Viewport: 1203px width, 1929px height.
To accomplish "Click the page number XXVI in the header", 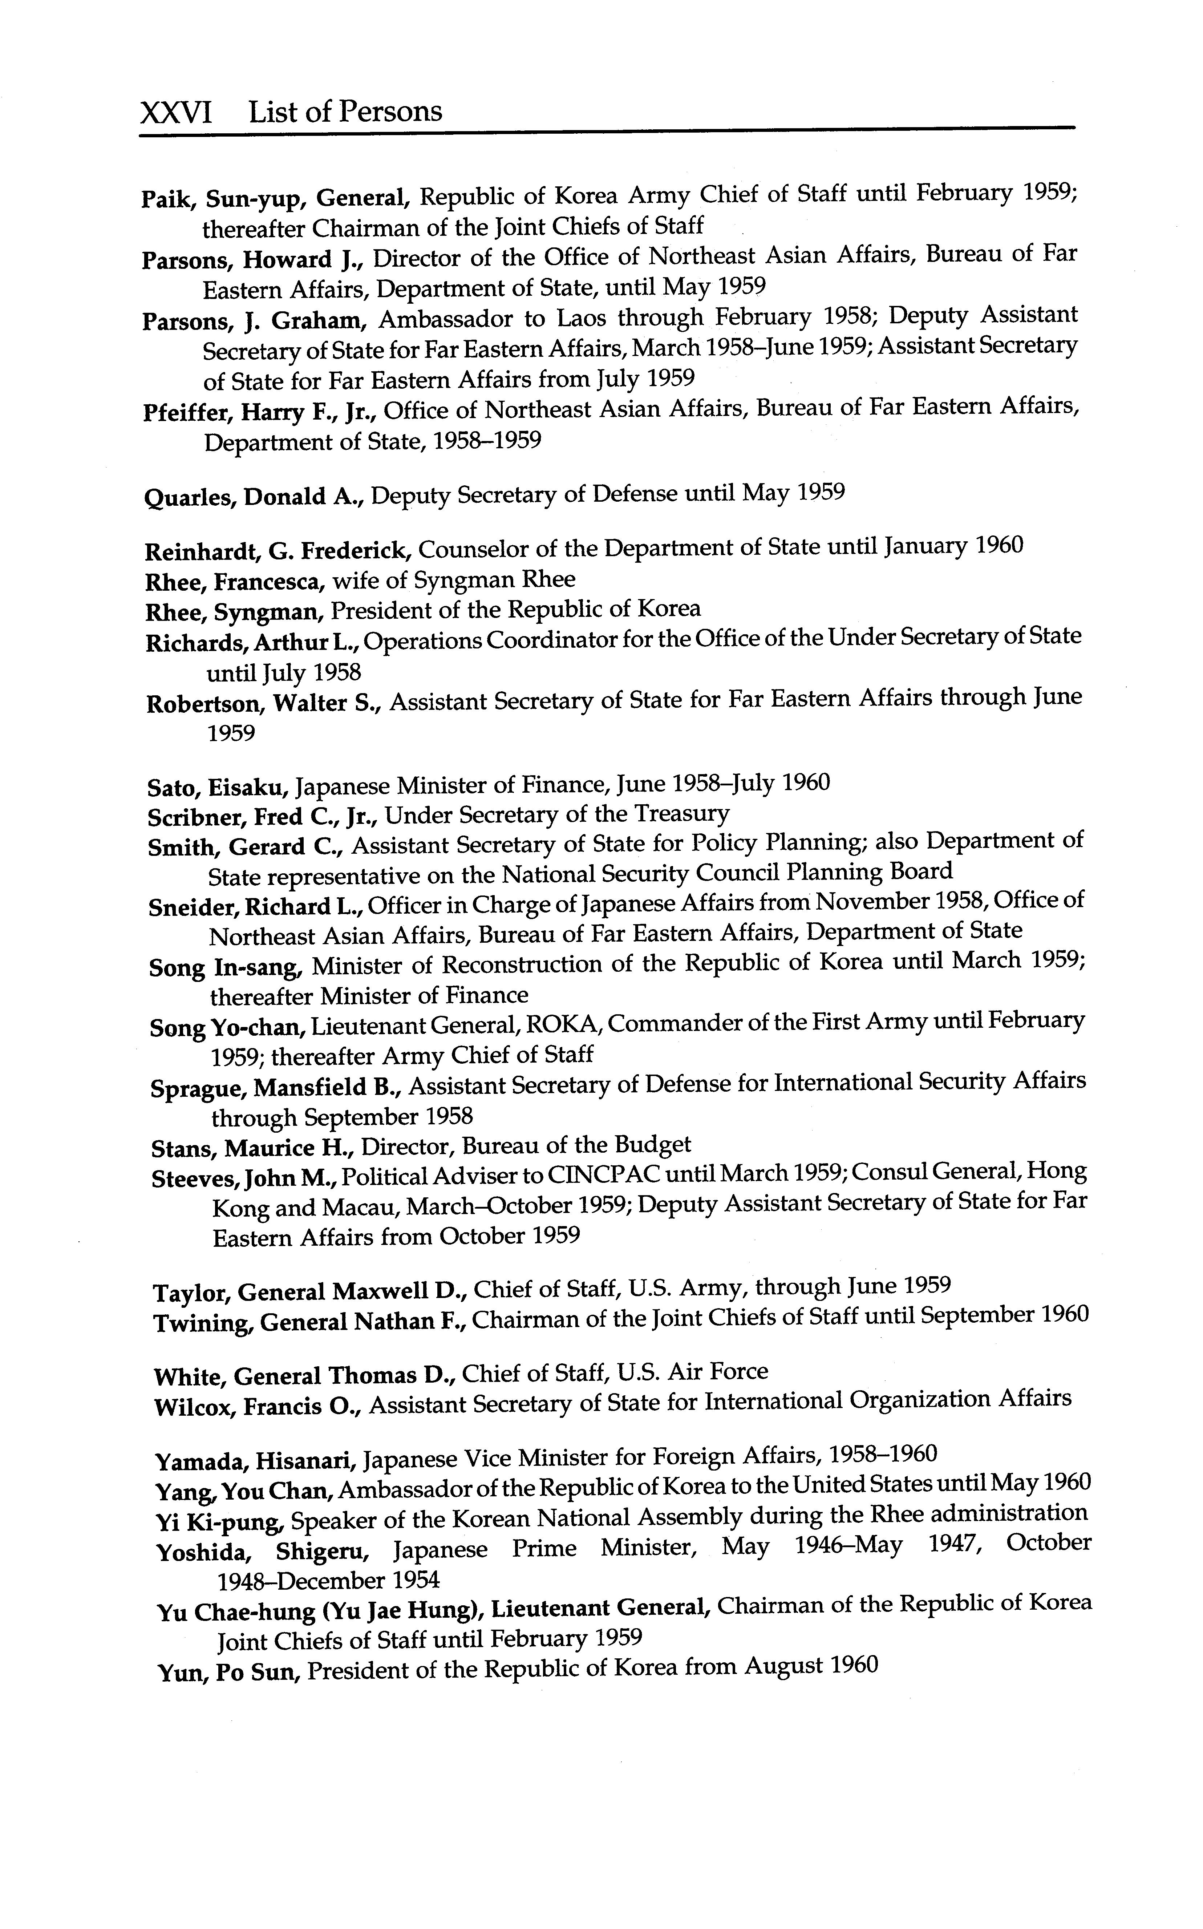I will pos(176,112).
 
